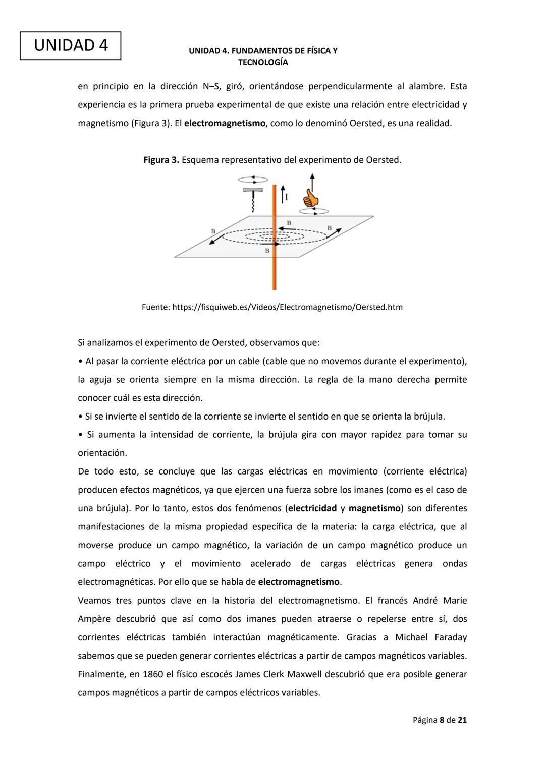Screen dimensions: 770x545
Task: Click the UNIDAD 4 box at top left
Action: pyautogui.click(x=71, y=45)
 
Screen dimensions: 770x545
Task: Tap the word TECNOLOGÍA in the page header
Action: pyautogui.click(x=263, y=62)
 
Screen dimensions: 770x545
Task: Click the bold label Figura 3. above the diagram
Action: pyautogui.click(x=161, y=160)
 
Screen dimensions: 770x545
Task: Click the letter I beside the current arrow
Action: pyautogui.click(x=287, y=197)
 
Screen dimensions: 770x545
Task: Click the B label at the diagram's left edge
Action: pyautogui.click(x=213, y=231)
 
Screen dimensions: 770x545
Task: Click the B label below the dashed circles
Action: pyautogui.click(x=267, y=251)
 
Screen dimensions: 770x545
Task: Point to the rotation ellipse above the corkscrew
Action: pyautogui.click(x=253, y=179)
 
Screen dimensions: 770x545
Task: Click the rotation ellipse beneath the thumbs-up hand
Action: pyautogui.click(x=314, y=211)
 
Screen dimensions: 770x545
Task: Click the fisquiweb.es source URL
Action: pyautogui.click(x=287, y=307)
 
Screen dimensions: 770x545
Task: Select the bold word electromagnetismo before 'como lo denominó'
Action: pyautogui.click(x=225, y=123)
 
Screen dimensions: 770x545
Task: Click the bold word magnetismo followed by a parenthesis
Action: pyautogui.click(x=374, y=508)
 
